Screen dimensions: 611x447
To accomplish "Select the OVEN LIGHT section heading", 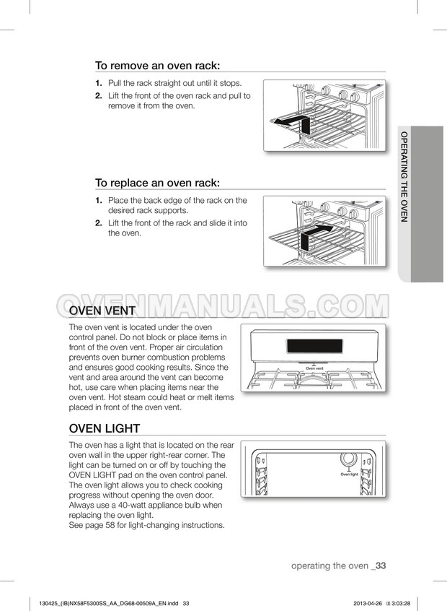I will (x=105, y=428).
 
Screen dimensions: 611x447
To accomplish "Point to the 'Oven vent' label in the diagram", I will (x=314, y=368).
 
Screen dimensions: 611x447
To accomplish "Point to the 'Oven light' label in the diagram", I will (x=349, y=474).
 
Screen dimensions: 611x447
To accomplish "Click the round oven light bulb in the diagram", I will (x=348, y=459).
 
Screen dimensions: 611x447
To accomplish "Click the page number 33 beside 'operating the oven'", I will (x=381, y=565).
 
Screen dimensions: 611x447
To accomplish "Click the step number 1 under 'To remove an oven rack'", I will (x=98, y=84).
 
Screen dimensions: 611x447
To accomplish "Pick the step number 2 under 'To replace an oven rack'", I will (x=98, y=223).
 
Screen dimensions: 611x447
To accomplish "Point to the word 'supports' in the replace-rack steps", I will (x=172, y=211).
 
